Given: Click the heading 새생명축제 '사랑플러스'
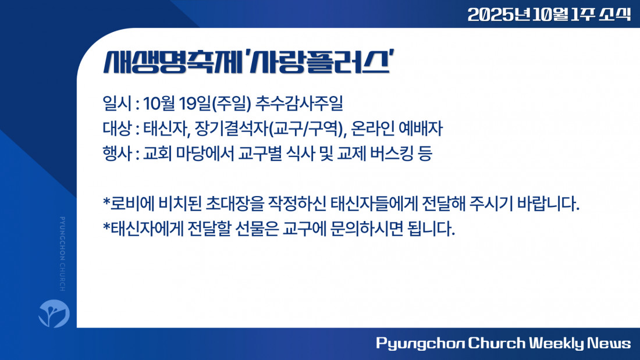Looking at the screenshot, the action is tap(248, 62).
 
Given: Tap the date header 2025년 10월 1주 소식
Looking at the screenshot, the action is tap(549, 15).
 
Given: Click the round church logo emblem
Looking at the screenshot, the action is tap(54, 313).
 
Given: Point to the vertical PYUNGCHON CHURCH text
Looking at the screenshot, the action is tap(62, 254).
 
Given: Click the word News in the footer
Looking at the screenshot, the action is tap(609, 343).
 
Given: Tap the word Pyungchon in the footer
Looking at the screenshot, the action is tap(420, 344).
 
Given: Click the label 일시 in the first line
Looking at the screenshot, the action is tap(117, 104).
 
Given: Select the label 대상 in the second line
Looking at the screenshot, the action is tap(117, 129).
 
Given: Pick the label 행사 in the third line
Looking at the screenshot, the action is tap(117, 154).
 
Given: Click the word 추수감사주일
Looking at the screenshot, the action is tap(299, 104).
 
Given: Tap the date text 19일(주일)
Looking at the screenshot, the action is tap(215, 104).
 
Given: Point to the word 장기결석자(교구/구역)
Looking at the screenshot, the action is tap(269, 129).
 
